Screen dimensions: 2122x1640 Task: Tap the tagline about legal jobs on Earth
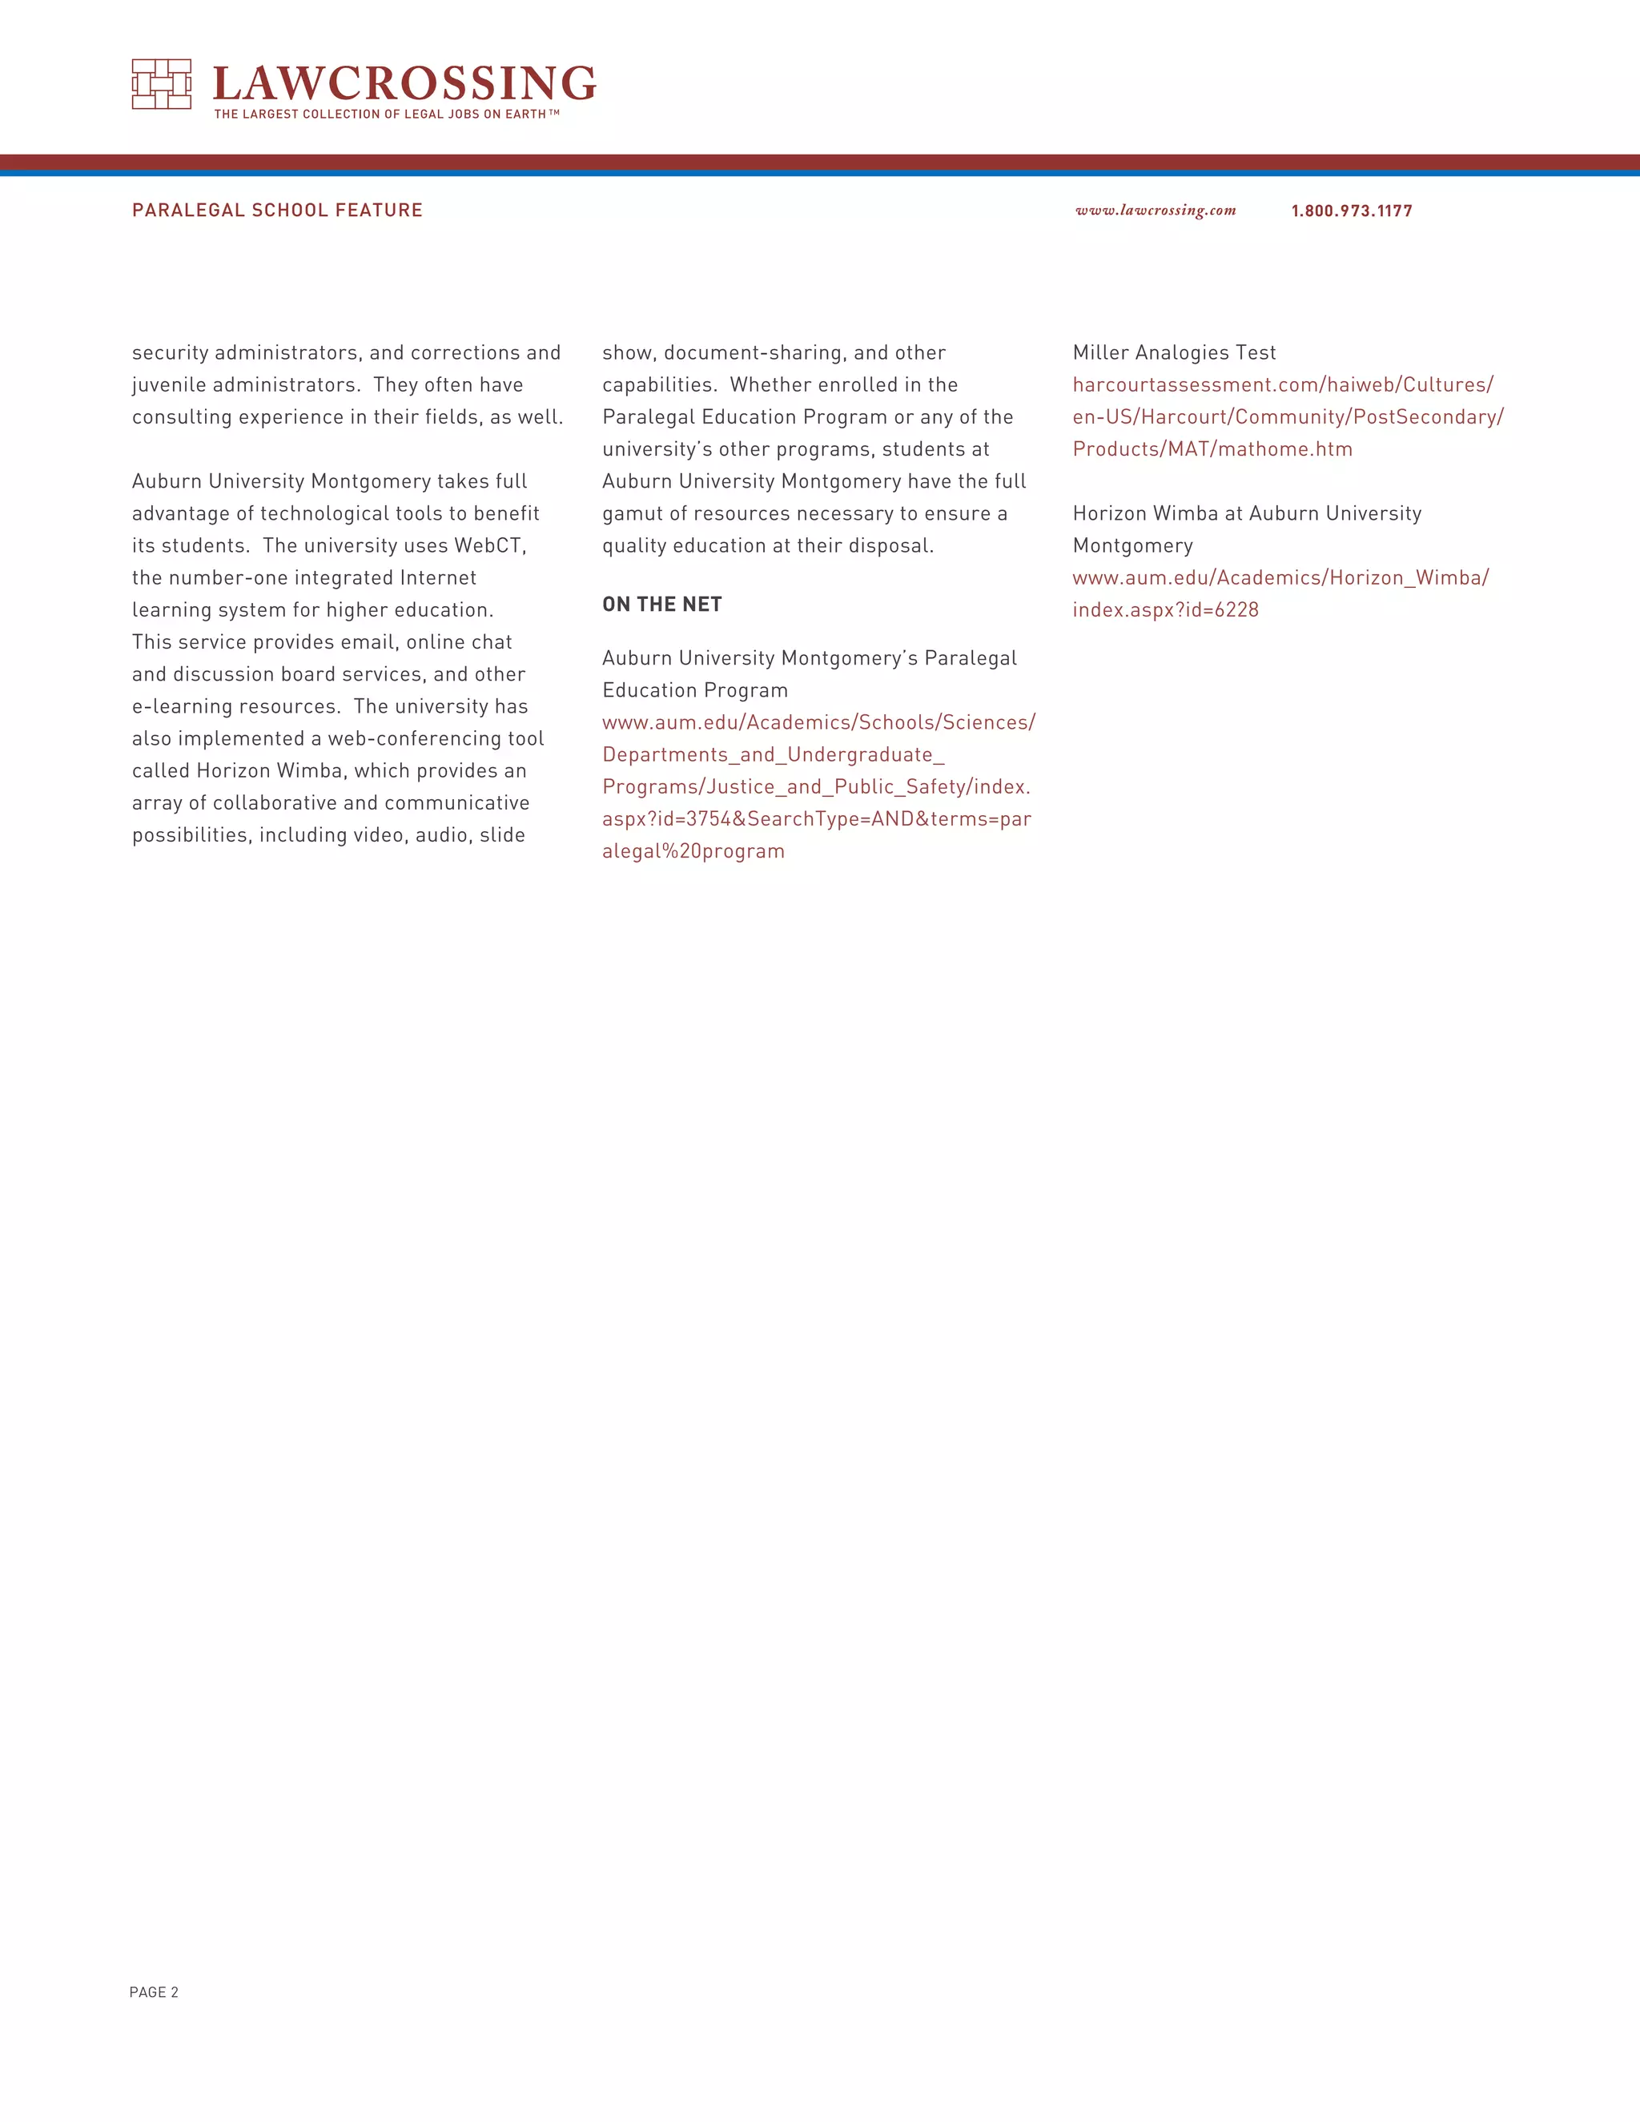pyautogui.click(x=387, y=115)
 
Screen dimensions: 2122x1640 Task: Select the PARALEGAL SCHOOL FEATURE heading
pyautogui.click(x=277, y=210)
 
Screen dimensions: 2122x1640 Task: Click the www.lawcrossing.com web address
pyautogui.click(x=1156, y=211)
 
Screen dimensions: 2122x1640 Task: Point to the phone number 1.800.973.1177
pyautogui.click(x=1352, y=211)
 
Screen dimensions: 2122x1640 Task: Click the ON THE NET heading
pyautogui.click(x=661, y=605)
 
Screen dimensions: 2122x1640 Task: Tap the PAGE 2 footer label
pyautogui.click(x=154, y=1991)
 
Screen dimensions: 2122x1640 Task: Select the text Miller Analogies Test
pyautogui.click(x=1174, y=352)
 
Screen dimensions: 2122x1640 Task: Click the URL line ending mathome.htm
pyautogui.click(x=1212, y=449)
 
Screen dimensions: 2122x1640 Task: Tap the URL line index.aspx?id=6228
pyautogui.click(x=1165, y=610)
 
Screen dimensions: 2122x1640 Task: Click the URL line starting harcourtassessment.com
pyautogui.click(x=1283, y=384)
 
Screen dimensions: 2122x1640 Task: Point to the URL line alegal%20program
pyautogui.click(x=693, y=851)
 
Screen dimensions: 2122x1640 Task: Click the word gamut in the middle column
pyautogui.click(x=633, y=514)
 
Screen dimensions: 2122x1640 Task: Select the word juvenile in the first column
pyautogui.click(x=169, y=384)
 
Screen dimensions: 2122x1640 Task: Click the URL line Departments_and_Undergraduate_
pyautogui.click(x=774, y=755)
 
